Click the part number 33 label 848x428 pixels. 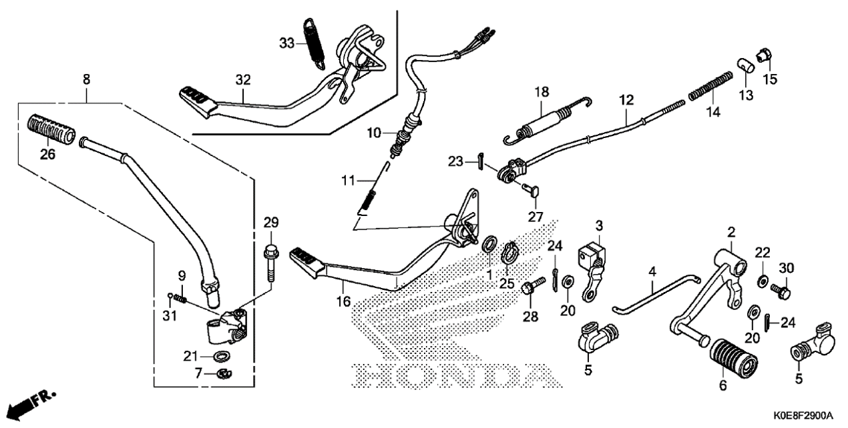click(x=286, y=43)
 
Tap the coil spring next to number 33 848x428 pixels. click(x=314, y=41)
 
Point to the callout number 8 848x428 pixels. click(x=86, y=79)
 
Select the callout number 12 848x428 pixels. click(x=626, y=101)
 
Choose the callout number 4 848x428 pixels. click(x=652, y=271)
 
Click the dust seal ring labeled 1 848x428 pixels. click(x=489, y=244)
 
